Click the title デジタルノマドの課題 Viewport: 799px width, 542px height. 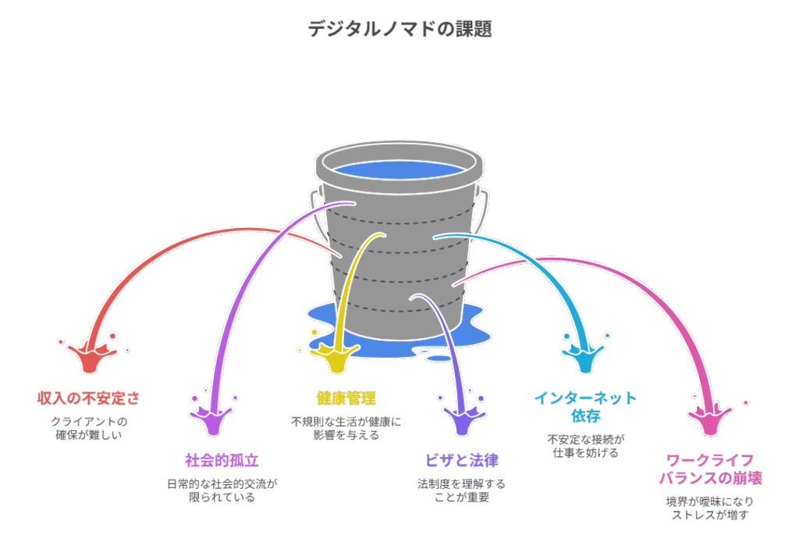[x=399, y=30]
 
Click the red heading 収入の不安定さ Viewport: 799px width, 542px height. [x=89, y=398]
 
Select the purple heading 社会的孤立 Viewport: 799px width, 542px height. [x=222, y=460]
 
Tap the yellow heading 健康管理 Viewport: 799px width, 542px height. [x=346, y=398]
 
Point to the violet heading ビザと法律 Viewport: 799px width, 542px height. [x=462, y=460]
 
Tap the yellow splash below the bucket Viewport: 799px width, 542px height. [x=338, y=359]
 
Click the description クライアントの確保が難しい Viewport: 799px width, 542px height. [x=89, y=428]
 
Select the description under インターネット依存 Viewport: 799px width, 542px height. [x=585, y=445]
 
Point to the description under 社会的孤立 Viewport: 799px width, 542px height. [x=222, y=490]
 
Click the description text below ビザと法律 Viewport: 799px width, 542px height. [x=462, y=490]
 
